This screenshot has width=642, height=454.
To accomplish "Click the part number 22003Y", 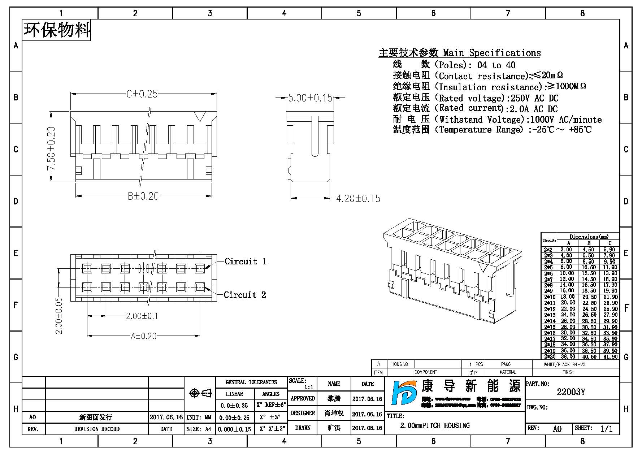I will click(571, 392).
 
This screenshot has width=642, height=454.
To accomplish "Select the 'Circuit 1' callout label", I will click(245, 261).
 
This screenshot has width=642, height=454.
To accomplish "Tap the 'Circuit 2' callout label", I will click(245, 295).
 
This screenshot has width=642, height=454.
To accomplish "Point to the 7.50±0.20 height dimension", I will click(51, 148).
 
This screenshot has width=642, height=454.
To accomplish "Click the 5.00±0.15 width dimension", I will click(310, 98).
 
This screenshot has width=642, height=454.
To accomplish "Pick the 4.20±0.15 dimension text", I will click(358, 199).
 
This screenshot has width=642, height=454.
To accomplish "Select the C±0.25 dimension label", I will click(142, 94).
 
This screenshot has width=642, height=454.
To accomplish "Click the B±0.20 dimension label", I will click(143, 196).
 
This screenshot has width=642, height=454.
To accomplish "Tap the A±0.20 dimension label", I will click(143, 336).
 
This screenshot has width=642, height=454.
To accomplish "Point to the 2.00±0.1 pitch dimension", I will click(142, 316).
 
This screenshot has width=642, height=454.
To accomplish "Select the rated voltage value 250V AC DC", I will click(534, 98).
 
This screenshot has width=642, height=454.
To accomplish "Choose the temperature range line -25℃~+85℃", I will click(560, 130).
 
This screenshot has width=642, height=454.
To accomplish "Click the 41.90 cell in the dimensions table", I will click(610, 357).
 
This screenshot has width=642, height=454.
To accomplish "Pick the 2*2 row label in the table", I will click(548, 250).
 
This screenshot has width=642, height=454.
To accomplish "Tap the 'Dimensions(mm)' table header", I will click(589, 237).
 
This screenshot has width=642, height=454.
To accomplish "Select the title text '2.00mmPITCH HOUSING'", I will click(435, 426).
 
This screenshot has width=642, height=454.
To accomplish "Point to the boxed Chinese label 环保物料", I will click(57, 30).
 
